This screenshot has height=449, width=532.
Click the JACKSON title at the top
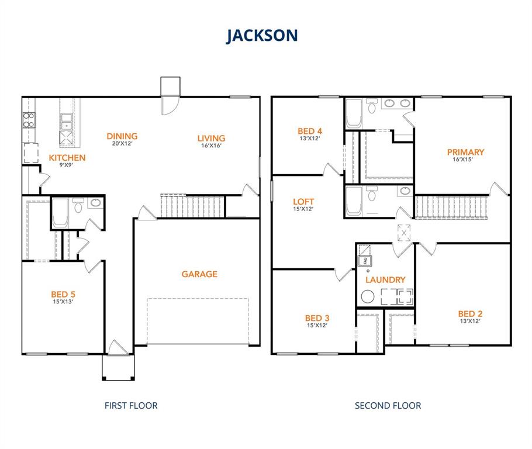coord(262,35)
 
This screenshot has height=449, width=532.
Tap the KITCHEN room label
coord(67,158)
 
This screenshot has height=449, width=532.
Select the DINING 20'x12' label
coord(122,137)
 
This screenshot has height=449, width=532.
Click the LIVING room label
coord(211,139)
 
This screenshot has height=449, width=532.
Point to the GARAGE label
coord(199,274)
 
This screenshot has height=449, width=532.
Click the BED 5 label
coord(63,295)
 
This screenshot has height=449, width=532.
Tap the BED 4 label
coord(310,132)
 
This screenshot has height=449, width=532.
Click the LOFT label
coord(303,202)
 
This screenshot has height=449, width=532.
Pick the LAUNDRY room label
coord(385,280)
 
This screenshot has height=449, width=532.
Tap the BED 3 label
coord(317,318)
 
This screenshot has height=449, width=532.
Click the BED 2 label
coord(470,314)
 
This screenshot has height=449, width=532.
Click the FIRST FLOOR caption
coord(131,405)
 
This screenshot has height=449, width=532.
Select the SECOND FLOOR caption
coord(388,405)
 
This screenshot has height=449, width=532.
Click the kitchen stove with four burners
coord(29,120)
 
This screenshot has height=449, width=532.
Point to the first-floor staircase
coord(192,206)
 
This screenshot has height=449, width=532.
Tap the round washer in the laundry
coord(368,297)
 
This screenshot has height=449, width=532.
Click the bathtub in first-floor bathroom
coord(61,215)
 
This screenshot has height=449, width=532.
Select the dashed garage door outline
coord(198,321)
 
